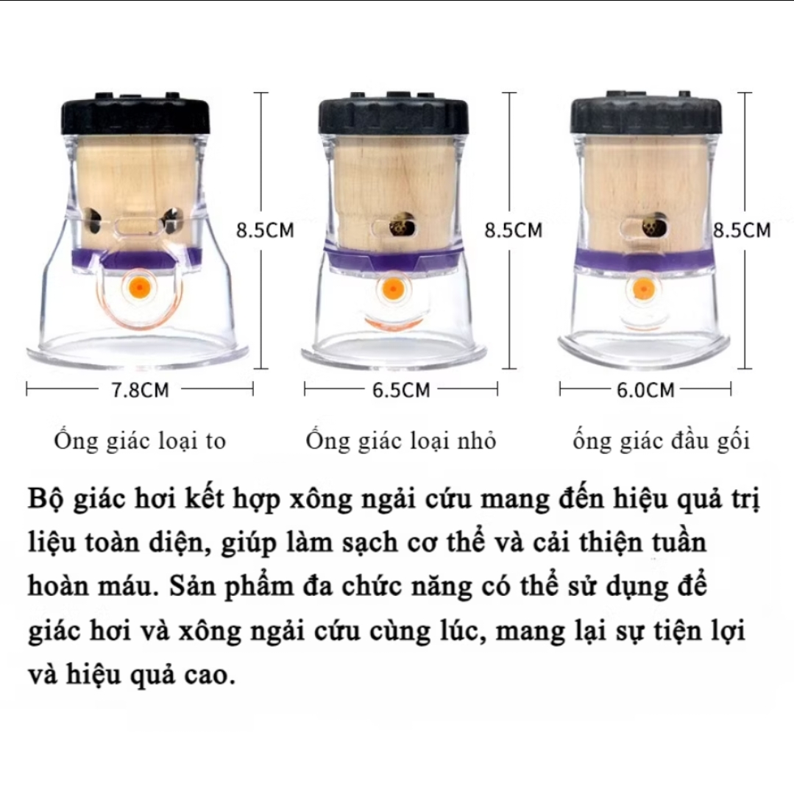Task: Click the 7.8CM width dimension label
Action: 141,390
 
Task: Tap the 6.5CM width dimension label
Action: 401,390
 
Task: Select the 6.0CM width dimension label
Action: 645,390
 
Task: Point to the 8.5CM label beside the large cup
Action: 266,230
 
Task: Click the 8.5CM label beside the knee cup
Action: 742,230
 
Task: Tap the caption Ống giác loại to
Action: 140,441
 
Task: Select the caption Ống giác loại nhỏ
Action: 400,441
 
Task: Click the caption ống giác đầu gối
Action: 662,441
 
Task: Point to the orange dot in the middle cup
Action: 391,289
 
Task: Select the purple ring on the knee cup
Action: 646,259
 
